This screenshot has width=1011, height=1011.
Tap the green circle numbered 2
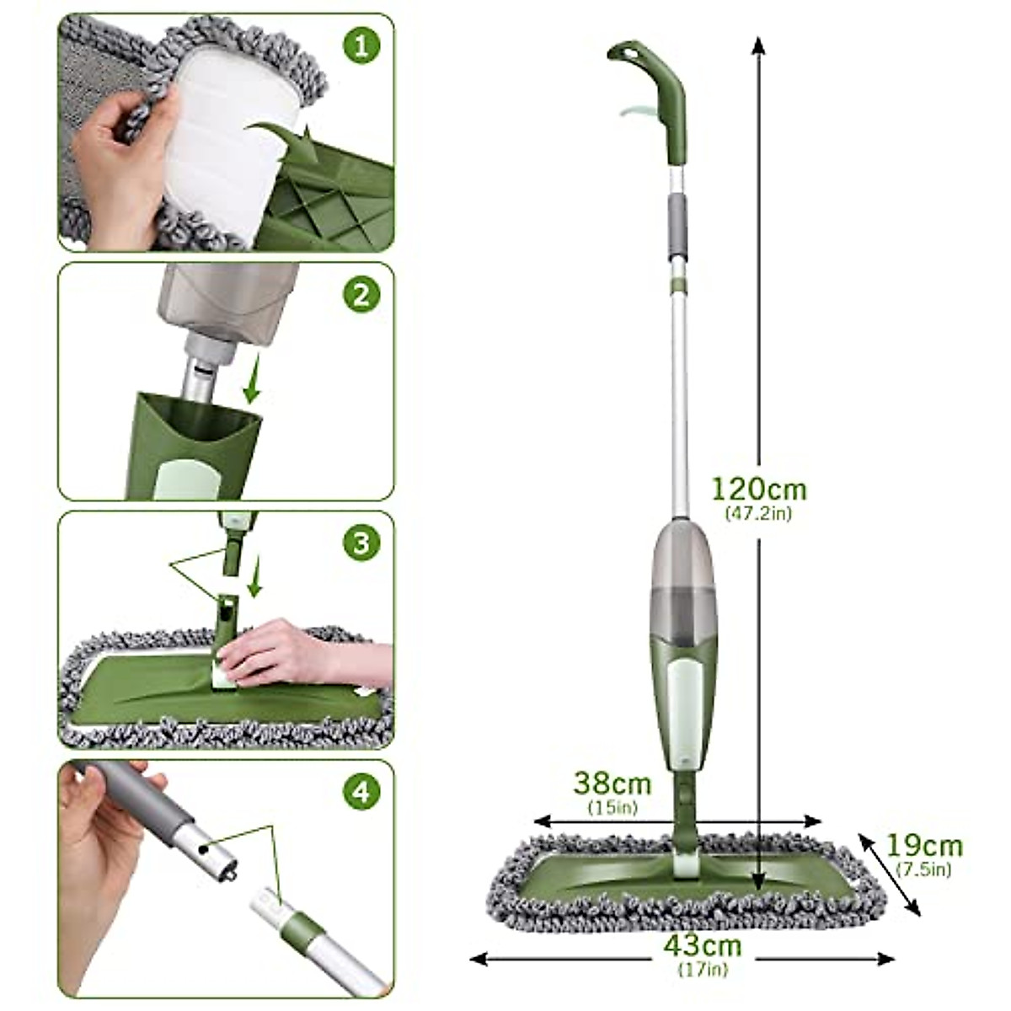tap(361, 295)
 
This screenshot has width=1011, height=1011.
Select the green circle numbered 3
tap(361, 543)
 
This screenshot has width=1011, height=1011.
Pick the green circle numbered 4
tap(361, 792)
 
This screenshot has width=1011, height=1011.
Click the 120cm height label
tap(758, 489)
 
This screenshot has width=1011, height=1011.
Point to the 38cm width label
tap(612, 784)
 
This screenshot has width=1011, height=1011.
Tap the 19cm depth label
tap(924, 845)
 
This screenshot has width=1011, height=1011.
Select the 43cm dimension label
tap(703, 946)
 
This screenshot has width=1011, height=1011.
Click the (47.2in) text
tap(758, 512)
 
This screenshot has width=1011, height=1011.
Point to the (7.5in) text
tap(924, 869)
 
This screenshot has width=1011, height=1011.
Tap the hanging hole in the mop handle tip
tap(625, 52)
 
